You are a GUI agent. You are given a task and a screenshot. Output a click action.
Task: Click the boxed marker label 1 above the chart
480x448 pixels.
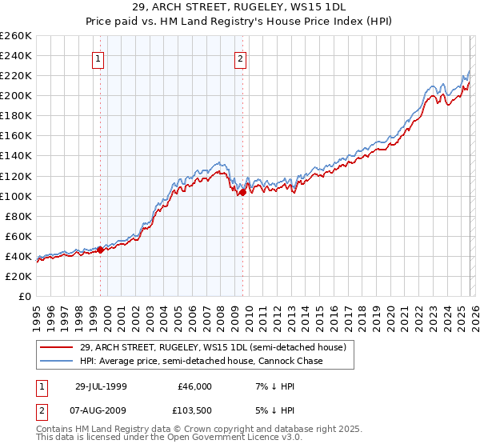point(98,58)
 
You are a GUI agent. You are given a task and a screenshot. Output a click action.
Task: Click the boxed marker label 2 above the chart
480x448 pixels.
point(240,58)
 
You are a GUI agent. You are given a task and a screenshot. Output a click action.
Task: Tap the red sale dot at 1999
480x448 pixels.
point(101,250)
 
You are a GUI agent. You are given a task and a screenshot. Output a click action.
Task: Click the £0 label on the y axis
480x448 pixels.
point(24,296)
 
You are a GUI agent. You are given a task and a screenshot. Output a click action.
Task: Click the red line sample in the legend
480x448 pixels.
point(58,347)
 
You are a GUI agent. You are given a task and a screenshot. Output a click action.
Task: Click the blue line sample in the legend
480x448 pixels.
point(58,361)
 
